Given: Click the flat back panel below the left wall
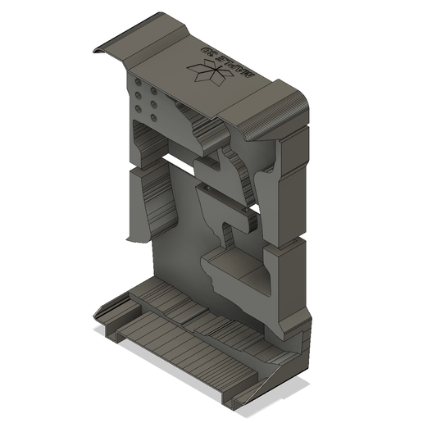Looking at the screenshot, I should click(x=176, y=246).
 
